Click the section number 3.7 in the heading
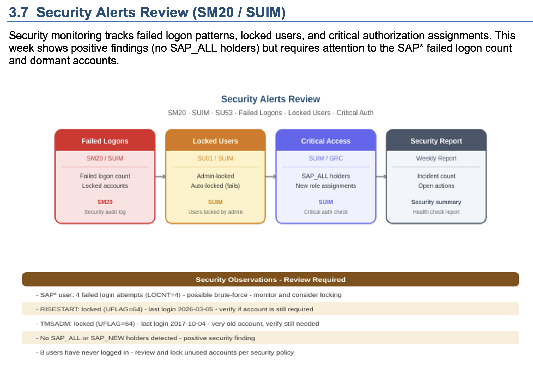tap(18, 12)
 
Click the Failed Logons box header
tap(105, 140)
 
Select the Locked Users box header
tap(215, 140)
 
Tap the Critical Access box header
tap(326, 140)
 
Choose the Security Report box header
tap(436, 140)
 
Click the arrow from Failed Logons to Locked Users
tap(160, 177)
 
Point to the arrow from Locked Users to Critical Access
tap(271, 177)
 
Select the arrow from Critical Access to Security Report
tap(381, 177)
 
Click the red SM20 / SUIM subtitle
tap(105, 158)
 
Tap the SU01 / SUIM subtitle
tap(215, 158)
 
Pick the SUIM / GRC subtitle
tap(326, 158)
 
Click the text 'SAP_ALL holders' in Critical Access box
tap(326, 176)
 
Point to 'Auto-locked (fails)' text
tap(215, 186)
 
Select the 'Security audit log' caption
tap(105, 212)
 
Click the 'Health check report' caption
tap(436, 212)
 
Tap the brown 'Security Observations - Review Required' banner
tap(271, 279)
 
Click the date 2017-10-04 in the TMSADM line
tap(186, 324)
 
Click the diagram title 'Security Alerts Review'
tap(271, 99)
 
